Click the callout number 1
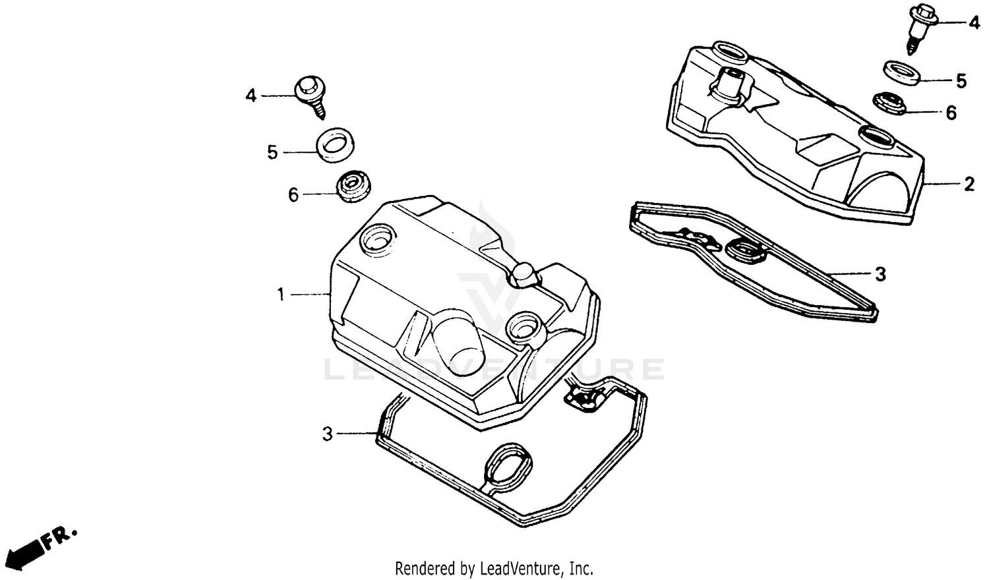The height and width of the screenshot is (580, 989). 280,295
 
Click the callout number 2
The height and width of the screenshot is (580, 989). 969,185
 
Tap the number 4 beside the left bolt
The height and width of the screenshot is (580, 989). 251,96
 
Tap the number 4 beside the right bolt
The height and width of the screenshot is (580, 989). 974,23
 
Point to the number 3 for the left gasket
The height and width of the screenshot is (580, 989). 327,434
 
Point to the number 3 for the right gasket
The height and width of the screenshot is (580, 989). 881,274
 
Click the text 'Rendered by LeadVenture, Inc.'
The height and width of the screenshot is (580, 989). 494,567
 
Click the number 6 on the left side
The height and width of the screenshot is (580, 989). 293,195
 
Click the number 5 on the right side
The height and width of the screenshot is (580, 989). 961,82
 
